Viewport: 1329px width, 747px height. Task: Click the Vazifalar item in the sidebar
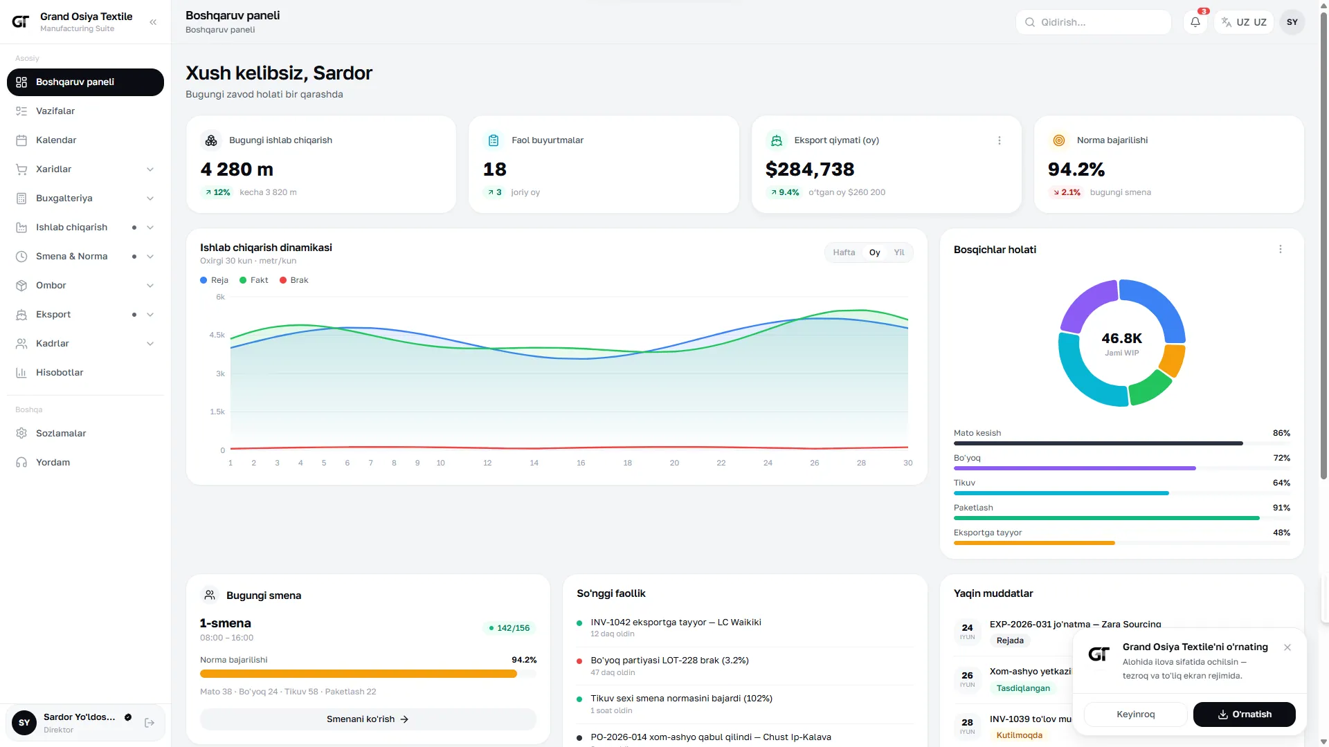[x=55, y=111]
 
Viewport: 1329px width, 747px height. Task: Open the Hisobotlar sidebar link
[x=60, y=373]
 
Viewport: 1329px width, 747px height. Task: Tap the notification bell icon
[x=1195, y=22]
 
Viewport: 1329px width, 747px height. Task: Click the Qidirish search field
[x=1094, y=22]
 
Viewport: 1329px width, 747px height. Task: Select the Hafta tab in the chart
[x=844, y=252]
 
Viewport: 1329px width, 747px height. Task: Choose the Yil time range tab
[x=899, y=252]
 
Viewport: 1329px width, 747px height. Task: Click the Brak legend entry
[x=294, y=280]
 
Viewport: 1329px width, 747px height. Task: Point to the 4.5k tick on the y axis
[x=217, y=335]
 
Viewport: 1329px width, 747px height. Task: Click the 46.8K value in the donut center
[x=1122, y=338]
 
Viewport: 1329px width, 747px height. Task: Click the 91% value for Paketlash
[x=1281, y=508]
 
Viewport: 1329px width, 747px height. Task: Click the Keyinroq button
[x=1136, y=714]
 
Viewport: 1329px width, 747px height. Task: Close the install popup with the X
[x=1287, y=647]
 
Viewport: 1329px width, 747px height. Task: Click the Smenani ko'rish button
[x=368, y=719]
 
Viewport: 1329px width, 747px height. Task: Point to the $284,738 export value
[x=810, y=169]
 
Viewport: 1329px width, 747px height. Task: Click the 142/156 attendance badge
[x=509, y=628]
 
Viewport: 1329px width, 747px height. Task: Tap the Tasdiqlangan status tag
[x=1023, y=688]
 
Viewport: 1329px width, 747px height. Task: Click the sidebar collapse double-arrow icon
[x=153, y=22]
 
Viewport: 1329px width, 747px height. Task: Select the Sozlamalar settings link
[x=61, y=434]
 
